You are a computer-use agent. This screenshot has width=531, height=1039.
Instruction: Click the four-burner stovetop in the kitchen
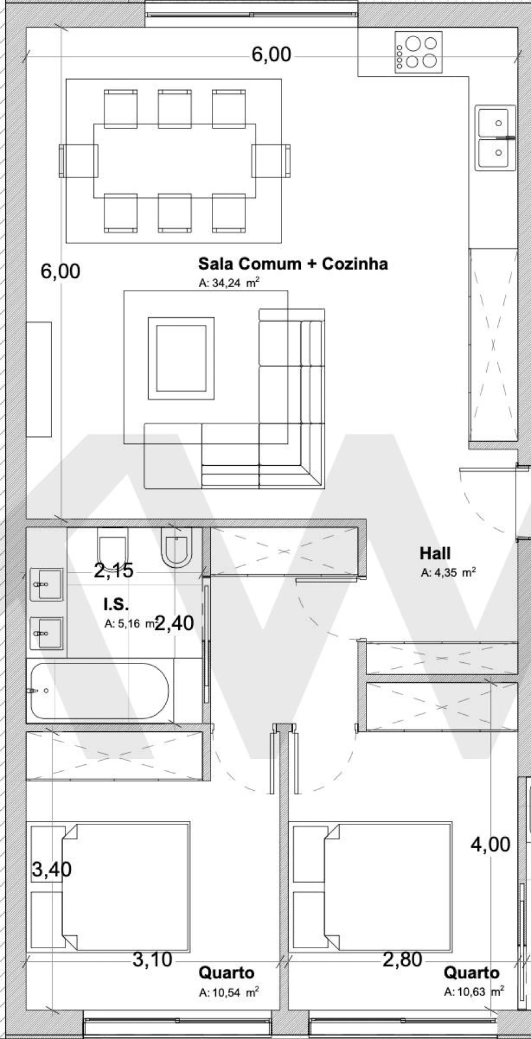coord(418,52)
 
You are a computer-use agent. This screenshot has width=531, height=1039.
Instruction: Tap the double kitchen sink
coord(495,138)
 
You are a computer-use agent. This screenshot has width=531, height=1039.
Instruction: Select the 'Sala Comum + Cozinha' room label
coord(293,264)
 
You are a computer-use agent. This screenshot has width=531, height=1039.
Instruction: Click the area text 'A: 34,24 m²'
coord(230,283)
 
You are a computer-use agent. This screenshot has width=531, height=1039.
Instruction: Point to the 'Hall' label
coord(435,553)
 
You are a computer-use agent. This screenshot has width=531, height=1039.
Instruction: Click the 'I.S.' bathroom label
coord(116,604)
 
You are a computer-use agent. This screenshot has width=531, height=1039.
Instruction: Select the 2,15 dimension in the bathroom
coord(113,571)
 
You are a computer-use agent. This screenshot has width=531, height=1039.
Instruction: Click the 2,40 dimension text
coord(175,623)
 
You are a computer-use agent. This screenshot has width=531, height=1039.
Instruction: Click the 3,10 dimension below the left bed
coord(152,960)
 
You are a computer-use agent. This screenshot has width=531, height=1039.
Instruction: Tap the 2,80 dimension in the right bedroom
coord(402,960)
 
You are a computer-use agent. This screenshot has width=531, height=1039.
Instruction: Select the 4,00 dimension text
coord(490,844)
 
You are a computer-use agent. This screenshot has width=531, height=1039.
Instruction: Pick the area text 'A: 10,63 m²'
coord(474,991)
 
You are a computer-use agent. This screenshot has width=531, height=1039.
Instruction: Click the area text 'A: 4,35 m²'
coord(448,572)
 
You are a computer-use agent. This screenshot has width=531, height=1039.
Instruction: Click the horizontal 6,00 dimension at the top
coord(271,54)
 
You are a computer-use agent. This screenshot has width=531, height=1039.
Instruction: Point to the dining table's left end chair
coord(77,160)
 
